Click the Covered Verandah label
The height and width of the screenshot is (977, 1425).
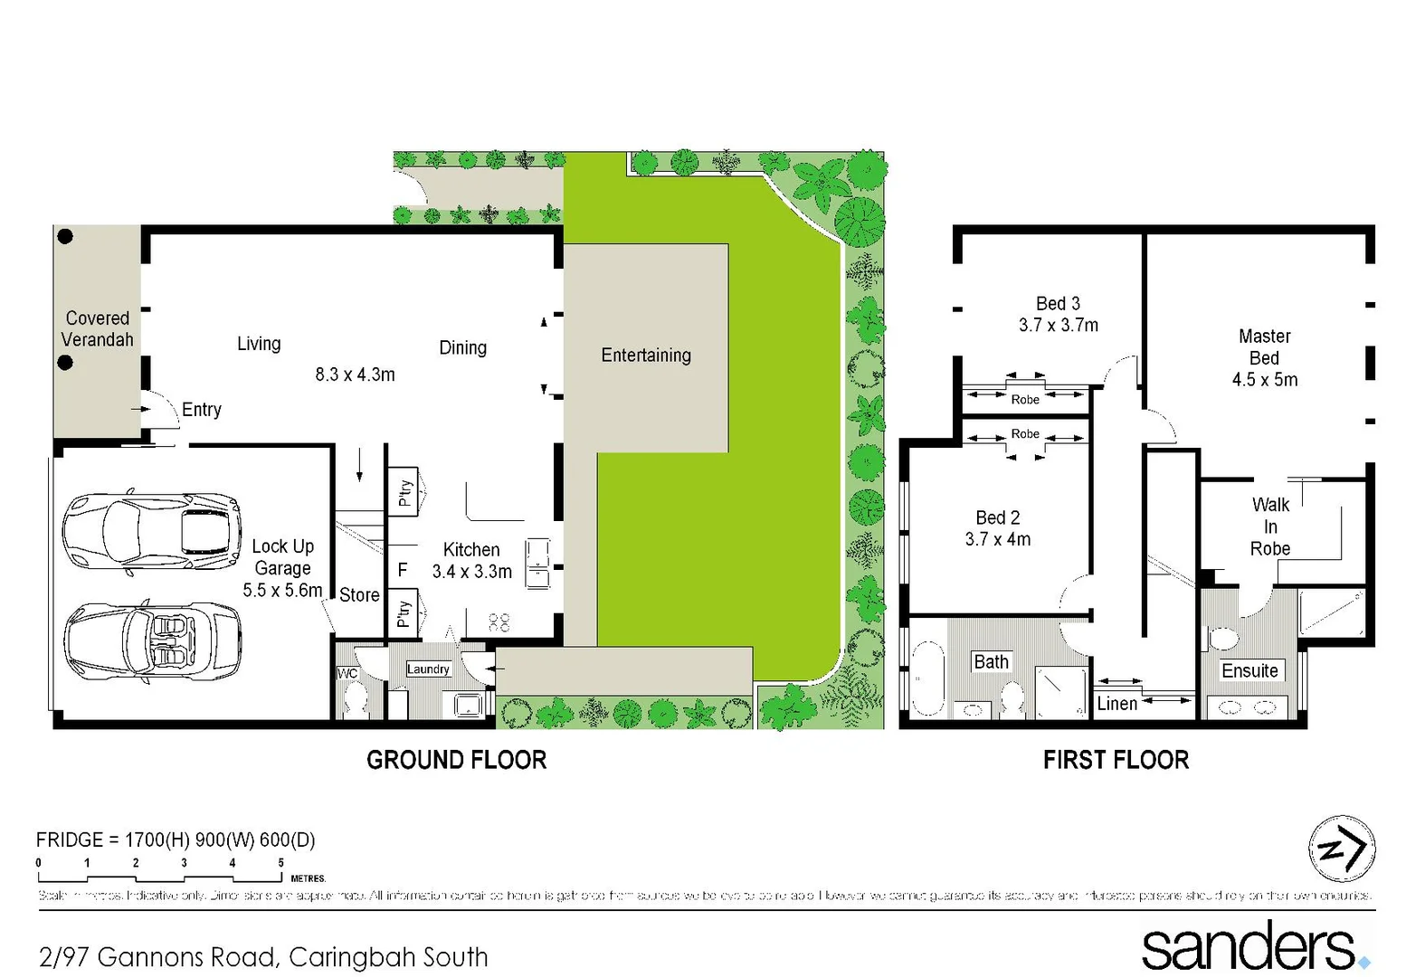(x=97, y=329)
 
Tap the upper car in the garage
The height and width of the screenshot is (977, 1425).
(x=152, y=532)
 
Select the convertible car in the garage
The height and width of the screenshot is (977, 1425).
(x=152, y=640)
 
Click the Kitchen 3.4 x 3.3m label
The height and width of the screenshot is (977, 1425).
(x=471, y=561)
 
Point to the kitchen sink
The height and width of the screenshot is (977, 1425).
(x=538, y=563)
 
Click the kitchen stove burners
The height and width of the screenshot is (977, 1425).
(x=499, y=621)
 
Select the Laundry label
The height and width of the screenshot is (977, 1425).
(x=428, y=669)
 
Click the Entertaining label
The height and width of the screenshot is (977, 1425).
(x=646, y=356)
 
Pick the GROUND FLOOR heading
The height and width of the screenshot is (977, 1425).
(x=456, y=760)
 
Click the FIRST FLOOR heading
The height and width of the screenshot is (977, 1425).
(x=1116, y=760)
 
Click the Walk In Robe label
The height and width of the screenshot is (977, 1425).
(x=1270, y=526)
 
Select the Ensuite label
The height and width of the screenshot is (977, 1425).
(x=1249, y=670)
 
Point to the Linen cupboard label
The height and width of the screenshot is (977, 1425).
(x=1116, y=704)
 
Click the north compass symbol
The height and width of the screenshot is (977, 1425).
(x=1342, y=849)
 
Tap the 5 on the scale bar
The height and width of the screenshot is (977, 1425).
(x=280, y=863)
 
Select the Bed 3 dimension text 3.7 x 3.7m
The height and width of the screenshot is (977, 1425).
(x=1058, y=326)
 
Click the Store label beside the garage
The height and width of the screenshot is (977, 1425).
(x=359, y=595)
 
